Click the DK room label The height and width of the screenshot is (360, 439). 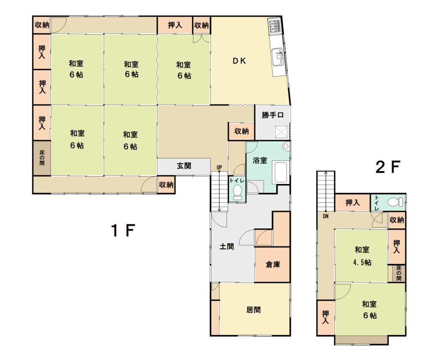(x=239, y=61)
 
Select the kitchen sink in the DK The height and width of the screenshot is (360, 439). (x=277, y=57)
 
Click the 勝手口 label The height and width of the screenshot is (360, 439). (x=273, y=115)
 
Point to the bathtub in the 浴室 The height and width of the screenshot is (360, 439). (x=280, y=172)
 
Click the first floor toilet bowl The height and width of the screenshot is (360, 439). (x=238, y=192)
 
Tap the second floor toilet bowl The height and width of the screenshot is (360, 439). (x=395, y=201)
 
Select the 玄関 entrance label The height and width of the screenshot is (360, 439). (x=184, y=166)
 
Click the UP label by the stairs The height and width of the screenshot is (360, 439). (x=219, y=168)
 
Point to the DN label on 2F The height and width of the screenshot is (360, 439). (x=326, y=216)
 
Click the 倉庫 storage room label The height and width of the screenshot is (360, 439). (x=273, y=264)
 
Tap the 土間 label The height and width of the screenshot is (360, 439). (x=226, y=246)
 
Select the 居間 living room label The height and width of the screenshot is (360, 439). (x=253, y=309)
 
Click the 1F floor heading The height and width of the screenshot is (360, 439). (x=123, y=231)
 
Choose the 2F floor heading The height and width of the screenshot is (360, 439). (x=388, y=167)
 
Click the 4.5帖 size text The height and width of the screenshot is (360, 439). (x=362, y=262)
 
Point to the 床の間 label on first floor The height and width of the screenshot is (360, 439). (x=42, y=158)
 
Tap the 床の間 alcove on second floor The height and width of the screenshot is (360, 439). (x=399, y=273)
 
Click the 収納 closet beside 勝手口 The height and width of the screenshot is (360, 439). (x=241, y=131)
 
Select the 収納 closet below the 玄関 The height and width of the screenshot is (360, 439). (x=166, y=185)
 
